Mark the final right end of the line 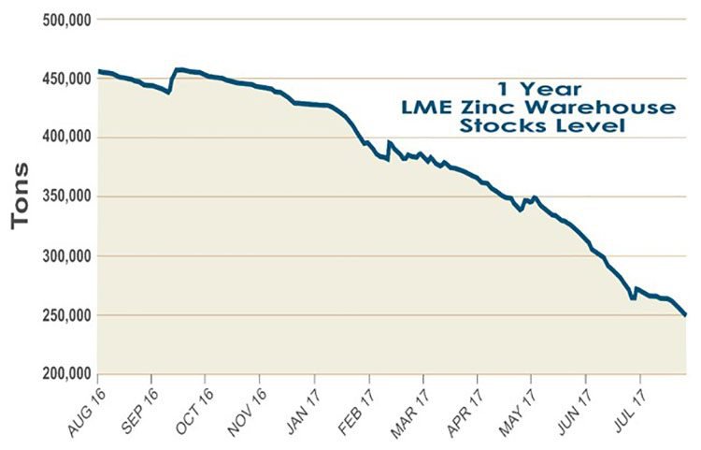(687, 315)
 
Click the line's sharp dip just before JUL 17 (633, 298)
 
